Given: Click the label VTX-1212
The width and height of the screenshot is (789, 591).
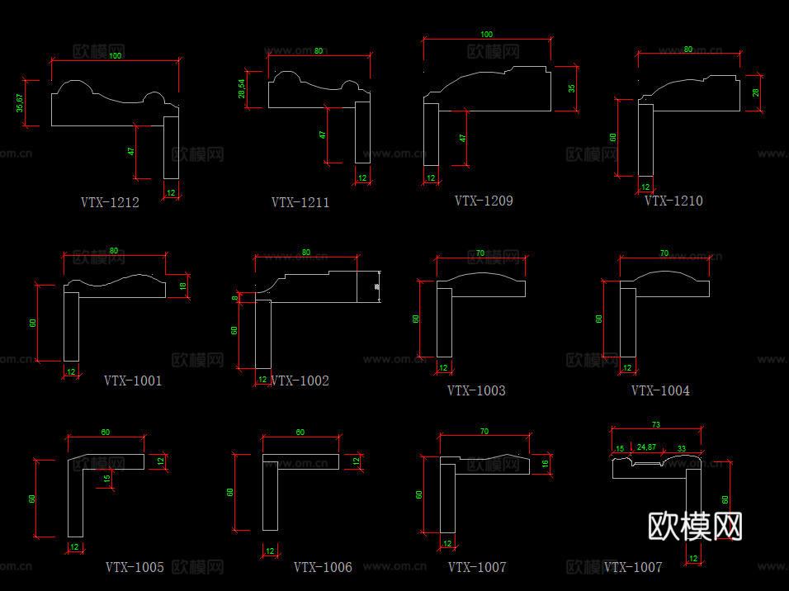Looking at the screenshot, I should [110, 202].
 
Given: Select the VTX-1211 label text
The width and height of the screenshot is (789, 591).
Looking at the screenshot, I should [300, 202].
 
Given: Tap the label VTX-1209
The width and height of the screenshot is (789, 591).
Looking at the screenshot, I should [484, 201].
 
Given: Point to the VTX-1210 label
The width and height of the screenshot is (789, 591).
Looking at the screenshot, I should [673, 201].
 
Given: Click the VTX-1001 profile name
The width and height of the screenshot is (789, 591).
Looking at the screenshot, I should [133, 381].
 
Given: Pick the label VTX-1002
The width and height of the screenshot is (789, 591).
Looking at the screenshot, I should [300, 381].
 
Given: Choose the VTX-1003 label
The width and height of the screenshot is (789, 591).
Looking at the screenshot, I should [476, 390].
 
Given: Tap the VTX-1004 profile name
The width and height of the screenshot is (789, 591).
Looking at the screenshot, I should [660, 390].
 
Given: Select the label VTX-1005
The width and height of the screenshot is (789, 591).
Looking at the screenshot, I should [135, 567].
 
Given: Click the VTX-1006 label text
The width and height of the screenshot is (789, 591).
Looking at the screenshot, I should [323, 567].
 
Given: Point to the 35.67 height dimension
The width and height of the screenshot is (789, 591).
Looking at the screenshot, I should [20, 103].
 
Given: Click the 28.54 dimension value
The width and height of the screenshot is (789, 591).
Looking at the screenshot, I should [241, 88].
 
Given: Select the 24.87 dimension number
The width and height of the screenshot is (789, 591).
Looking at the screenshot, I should [646, 447].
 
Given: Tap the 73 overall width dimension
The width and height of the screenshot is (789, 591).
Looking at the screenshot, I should [656, 424].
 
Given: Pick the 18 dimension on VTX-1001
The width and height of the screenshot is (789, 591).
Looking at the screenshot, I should [182, 286].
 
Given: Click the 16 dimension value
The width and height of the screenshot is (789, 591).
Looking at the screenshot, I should [545, 465].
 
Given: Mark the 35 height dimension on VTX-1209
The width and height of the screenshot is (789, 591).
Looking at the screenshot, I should [571, 88].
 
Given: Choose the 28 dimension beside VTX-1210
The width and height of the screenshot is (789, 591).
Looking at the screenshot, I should [755, 92].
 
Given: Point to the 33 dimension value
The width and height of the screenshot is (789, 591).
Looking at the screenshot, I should [681, 447].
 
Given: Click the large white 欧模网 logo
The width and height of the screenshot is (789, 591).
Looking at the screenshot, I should [695, 526].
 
